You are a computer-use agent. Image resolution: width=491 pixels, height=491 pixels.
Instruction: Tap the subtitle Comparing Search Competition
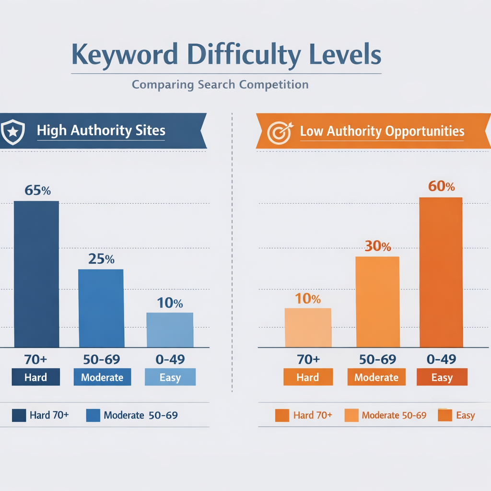[x=220, y=85]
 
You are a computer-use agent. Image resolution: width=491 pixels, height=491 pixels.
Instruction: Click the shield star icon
[x=13, y=131]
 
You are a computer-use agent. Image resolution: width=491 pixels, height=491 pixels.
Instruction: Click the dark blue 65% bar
[x=36, y=274]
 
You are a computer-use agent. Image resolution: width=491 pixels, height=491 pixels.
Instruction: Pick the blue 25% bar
[x=101, y=308]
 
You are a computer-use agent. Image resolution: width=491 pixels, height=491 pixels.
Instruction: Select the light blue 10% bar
[x=170, y=330]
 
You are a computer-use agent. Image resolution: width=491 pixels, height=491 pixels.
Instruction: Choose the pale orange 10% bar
[x=308, y=327]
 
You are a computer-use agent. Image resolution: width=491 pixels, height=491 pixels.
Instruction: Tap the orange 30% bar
[x=377, y=302]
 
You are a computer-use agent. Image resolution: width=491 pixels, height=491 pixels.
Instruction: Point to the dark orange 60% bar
[x=441, y=272]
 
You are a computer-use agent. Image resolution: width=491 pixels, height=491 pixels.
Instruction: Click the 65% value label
[x=37, y=190]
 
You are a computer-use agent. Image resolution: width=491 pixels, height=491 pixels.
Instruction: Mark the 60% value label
[x=441, y=186]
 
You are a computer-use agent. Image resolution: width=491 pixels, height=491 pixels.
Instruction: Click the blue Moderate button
[x=102, y=377]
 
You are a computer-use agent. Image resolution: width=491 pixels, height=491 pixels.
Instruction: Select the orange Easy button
[x=442, y=377]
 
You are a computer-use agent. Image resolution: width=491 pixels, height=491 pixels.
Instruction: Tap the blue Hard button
[x=36, y=377]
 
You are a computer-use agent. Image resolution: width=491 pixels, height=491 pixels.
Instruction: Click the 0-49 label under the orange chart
[x=442, y=359]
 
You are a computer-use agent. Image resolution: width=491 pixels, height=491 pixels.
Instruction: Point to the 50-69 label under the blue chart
[x=101, y=359]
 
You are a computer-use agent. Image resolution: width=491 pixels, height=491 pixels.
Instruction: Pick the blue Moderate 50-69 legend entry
[x=132, y=415]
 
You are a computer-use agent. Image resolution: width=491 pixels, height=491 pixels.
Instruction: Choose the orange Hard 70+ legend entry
[x=304, y=415]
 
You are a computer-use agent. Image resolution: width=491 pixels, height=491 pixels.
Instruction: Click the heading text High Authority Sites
[x=101, y=130]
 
